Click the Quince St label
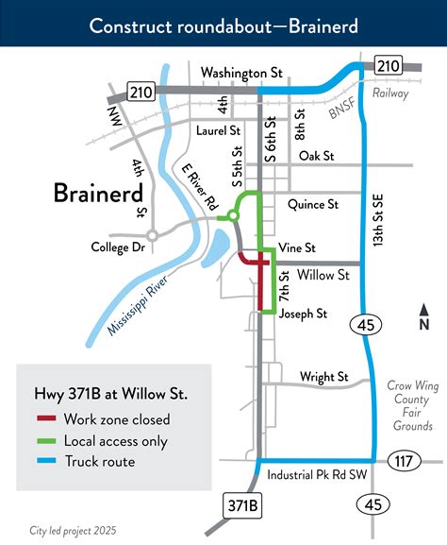tap(312, 204)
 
